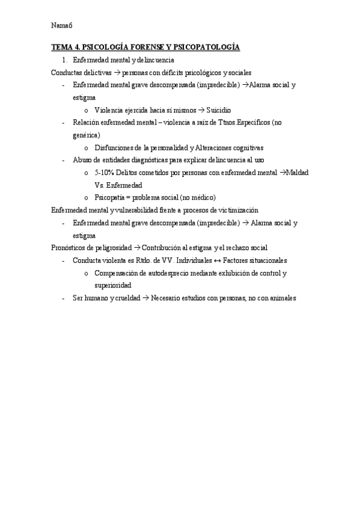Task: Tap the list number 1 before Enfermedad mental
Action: pos(64,60)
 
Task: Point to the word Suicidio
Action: pos(218,111)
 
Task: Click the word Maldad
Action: pos(299,173)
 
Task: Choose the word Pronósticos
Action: pos(71,248)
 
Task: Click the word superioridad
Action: pos(113,286)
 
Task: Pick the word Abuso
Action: pos(82,161)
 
